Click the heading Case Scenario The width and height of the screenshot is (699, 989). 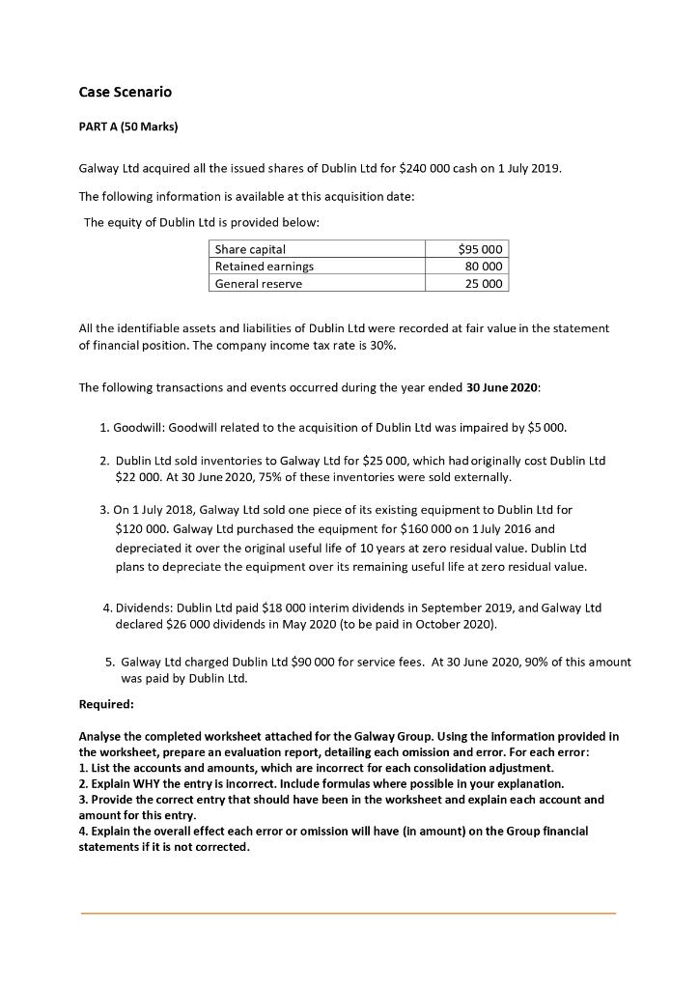125,92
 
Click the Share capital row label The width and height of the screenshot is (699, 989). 250,249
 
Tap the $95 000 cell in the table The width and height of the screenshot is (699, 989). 480,249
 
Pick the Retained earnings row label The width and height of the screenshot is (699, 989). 264,267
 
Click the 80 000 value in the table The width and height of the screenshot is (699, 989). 485,267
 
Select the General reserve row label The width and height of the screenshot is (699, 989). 258,284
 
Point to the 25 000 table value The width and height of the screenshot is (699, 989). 485,284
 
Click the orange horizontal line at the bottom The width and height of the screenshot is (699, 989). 348,913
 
